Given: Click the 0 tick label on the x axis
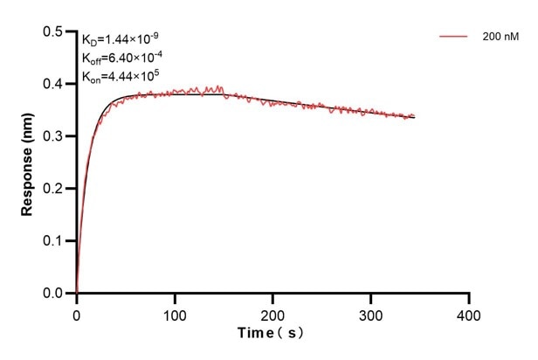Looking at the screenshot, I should (x=77, y=312).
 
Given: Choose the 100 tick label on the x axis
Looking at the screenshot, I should (x=175, y=312).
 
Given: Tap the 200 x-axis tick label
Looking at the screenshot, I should (x=273, y=312).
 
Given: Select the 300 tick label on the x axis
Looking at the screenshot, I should (x=371, y=312).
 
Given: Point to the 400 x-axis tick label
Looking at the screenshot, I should (x=469, y=312).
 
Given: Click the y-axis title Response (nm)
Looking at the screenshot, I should (x=28, y=163).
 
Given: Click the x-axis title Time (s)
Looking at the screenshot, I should (x=273, y=334).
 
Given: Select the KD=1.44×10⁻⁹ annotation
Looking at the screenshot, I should (x=121, y=39).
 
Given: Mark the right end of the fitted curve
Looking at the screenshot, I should (x=415, y=116).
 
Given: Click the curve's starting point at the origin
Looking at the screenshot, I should (x=77, y=293).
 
